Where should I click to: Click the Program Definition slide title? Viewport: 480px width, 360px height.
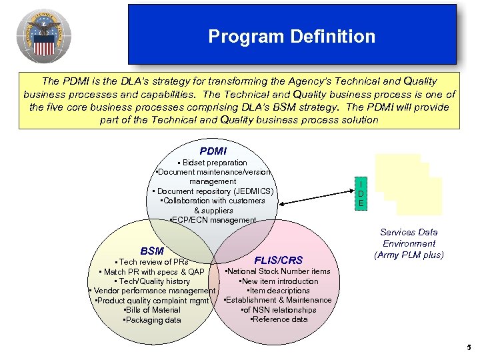(291, 36)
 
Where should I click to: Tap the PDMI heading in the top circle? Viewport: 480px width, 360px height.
(213, 152)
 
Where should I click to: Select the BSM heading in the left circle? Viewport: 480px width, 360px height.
(153, 251)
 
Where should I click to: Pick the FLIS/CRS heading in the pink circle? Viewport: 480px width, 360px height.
(279, 260)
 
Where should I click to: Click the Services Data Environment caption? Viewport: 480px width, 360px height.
(409, 243)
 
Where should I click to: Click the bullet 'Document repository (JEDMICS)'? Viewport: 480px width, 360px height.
(213, 191)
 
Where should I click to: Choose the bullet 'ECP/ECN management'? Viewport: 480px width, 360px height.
(213, 220)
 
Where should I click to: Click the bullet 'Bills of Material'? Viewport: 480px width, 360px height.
(152, 310)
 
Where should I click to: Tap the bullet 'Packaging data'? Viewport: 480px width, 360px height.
(151, 320)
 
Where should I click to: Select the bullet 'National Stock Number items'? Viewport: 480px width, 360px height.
(278, 271)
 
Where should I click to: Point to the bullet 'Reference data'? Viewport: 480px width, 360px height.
(279, 319)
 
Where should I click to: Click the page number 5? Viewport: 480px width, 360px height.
(469, 347)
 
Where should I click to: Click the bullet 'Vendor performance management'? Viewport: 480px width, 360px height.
(152, 291)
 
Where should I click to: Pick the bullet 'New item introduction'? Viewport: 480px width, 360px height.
(279, 281)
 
